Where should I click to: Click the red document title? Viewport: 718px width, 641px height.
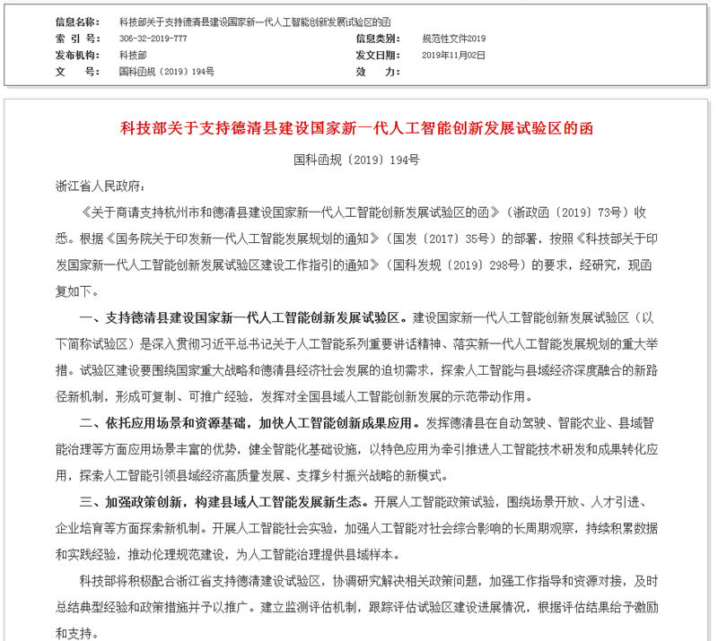pos(356,128)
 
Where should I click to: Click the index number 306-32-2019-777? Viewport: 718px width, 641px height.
pos(153,39)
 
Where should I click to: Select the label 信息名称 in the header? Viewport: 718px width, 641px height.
pos(77,22)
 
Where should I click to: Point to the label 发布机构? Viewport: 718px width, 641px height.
pos(77,55)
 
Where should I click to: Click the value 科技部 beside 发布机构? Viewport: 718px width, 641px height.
pos(132,55)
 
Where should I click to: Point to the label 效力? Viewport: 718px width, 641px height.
pos(372,71)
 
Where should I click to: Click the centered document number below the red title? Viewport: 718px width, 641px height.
pos(356,160)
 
